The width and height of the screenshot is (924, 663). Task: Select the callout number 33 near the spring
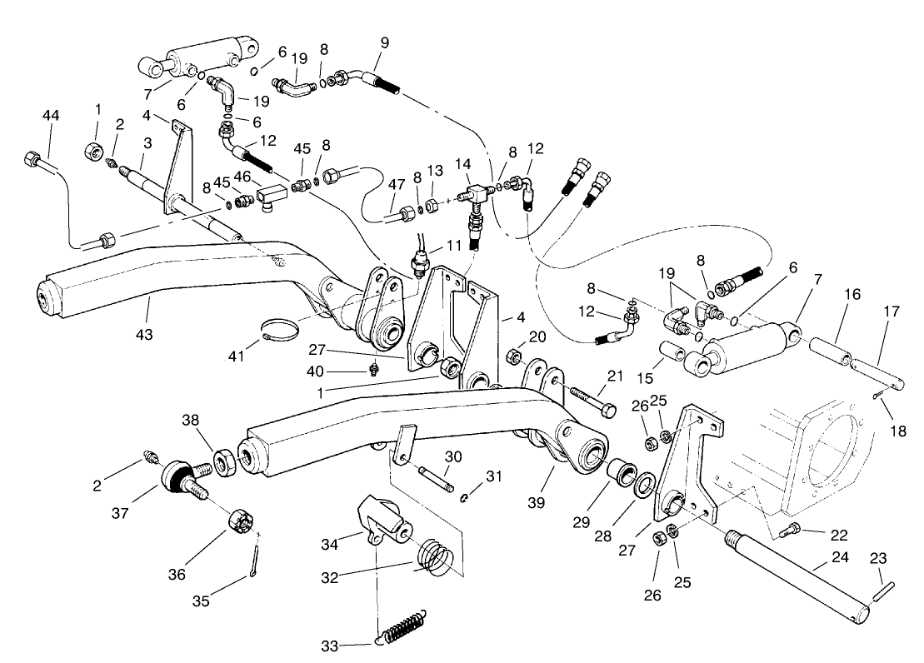(331, 646)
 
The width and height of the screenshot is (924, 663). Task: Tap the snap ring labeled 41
(279, 330)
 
